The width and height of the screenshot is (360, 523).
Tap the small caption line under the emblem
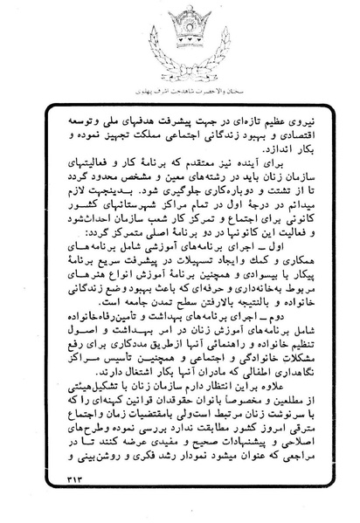coord(180,90)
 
